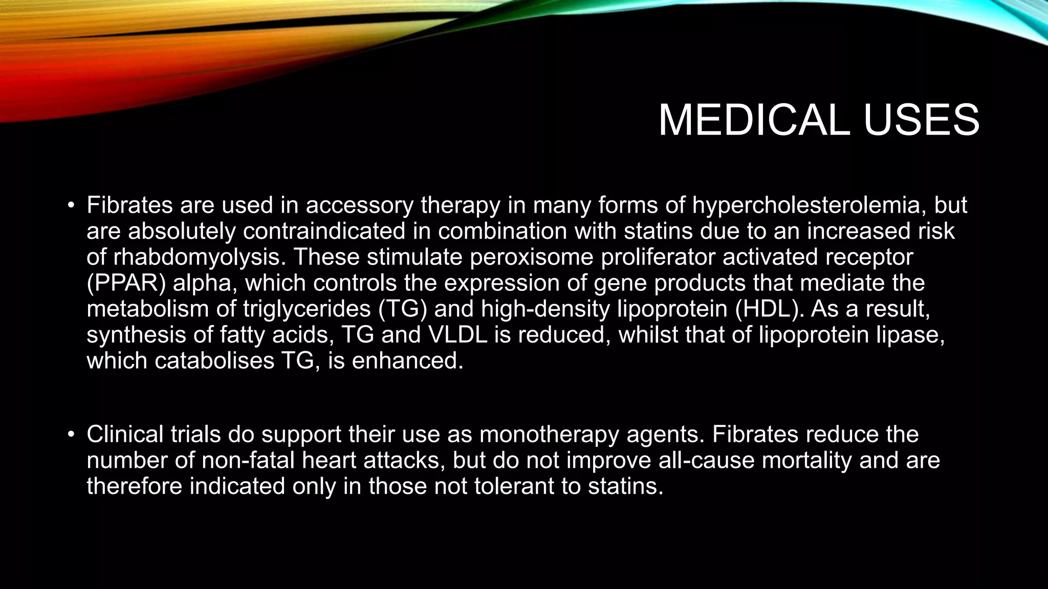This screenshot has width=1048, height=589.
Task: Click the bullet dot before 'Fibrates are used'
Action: (71, 206)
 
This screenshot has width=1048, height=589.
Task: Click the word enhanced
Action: (407, 361)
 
